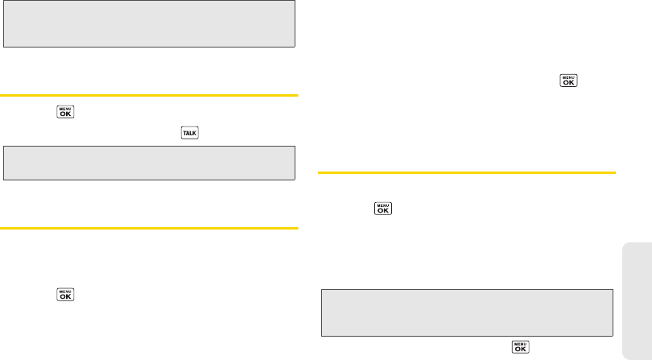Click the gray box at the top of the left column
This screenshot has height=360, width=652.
tap(149, 24)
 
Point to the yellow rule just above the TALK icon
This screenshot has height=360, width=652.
tap(149, 95)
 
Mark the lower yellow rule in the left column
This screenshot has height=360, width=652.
tap(149, 228)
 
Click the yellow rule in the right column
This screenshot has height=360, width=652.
tap(467, 172)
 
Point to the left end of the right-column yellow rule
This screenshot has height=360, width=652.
tap(321, 172)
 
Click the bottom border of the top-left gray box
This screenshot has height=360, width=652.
tap(149, 48)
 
